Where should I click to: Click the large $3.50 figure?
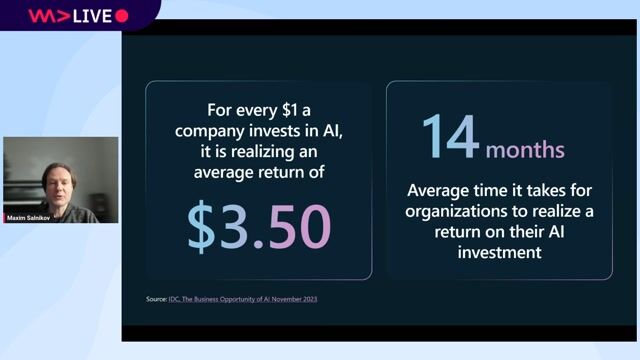pos(259,227)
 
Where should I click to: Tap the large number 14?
pos(450,137)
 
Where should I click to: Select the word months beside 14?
pos(525,150)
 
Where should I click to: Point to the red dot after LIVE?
pos(122,15)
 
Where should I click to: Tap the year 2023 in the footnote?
pos(318,299)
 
